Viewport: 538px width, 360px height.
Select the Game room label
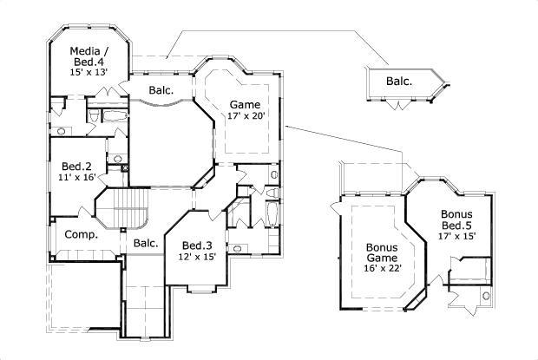pyautogui.click(x=244, y=103)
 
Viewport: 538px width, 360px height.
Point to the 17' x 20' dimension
pyautogui.click(x=245, y=115)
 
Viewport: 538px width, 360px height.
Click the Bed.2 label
pyautogui.click(x=76, y=167)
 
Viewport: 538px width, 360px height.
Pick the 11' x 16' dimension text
pyautogui.click(x=76, y=179)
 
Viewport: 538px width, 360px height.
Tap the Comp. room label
pyautogui.click(x=81, y=234)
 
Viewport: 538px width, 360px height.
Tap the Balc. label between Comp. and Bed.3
pyautogui.click(x=145, y=243)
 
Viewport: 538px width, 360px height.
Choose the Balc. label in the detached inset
pyautogui.click(x=398, y=82)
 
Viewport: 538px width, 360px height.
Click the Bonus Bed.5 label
pyautogui.click(x=456, y=220)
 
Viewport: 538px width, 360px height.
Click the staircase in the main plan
pyautogui.click(x=125, y=212)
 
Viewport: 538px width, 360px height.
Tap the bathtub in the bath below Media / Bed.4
pyautogui.click(x=114, y=115)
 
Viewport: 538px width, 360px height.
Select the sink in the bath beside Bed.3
pyautogui.click(x=239, y=247)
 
